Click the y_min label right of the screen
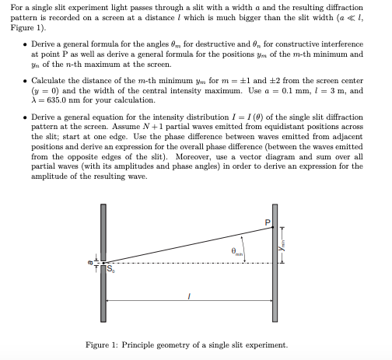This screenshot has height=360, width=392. (x=285, y=246)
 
